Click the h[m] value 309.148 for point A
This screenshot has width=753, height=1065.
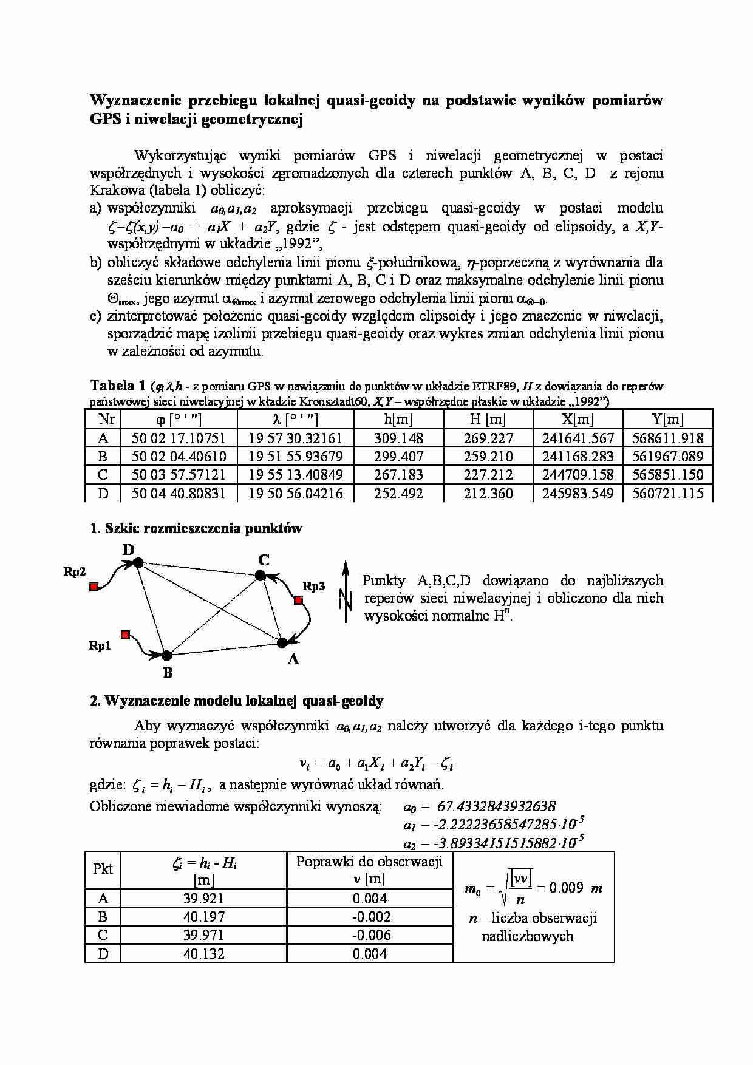[398, 438]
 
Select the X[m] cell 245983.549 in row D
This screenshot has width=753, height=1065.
[578, 493]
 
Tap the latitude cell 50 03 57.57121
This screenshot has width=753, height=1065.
[179, 475]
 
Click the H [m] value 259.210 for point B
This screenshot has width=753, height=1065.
[488, 456]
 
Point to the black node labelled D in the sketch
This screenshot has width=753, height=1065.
[138, 563]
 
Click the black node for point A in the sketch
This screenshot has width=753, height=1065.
[282, 642]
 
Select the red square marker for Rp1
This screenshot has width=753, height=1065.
[125, 635]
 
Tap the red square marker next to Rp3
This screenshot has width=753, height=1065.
[298, 600]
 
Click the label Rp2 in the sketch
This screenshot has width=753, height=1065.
[75, 571]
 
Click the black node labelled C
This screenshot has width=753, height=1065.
[261, 575]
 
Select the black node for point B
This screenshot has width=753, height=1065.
[167, 655]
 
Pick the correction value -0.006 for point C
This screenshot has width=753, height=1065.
[370, 935]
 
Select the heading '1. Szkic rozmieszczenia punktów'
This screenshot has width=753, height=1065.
[196, 528]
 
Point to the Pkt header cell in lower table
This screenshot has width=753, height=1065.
[103, 869]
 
